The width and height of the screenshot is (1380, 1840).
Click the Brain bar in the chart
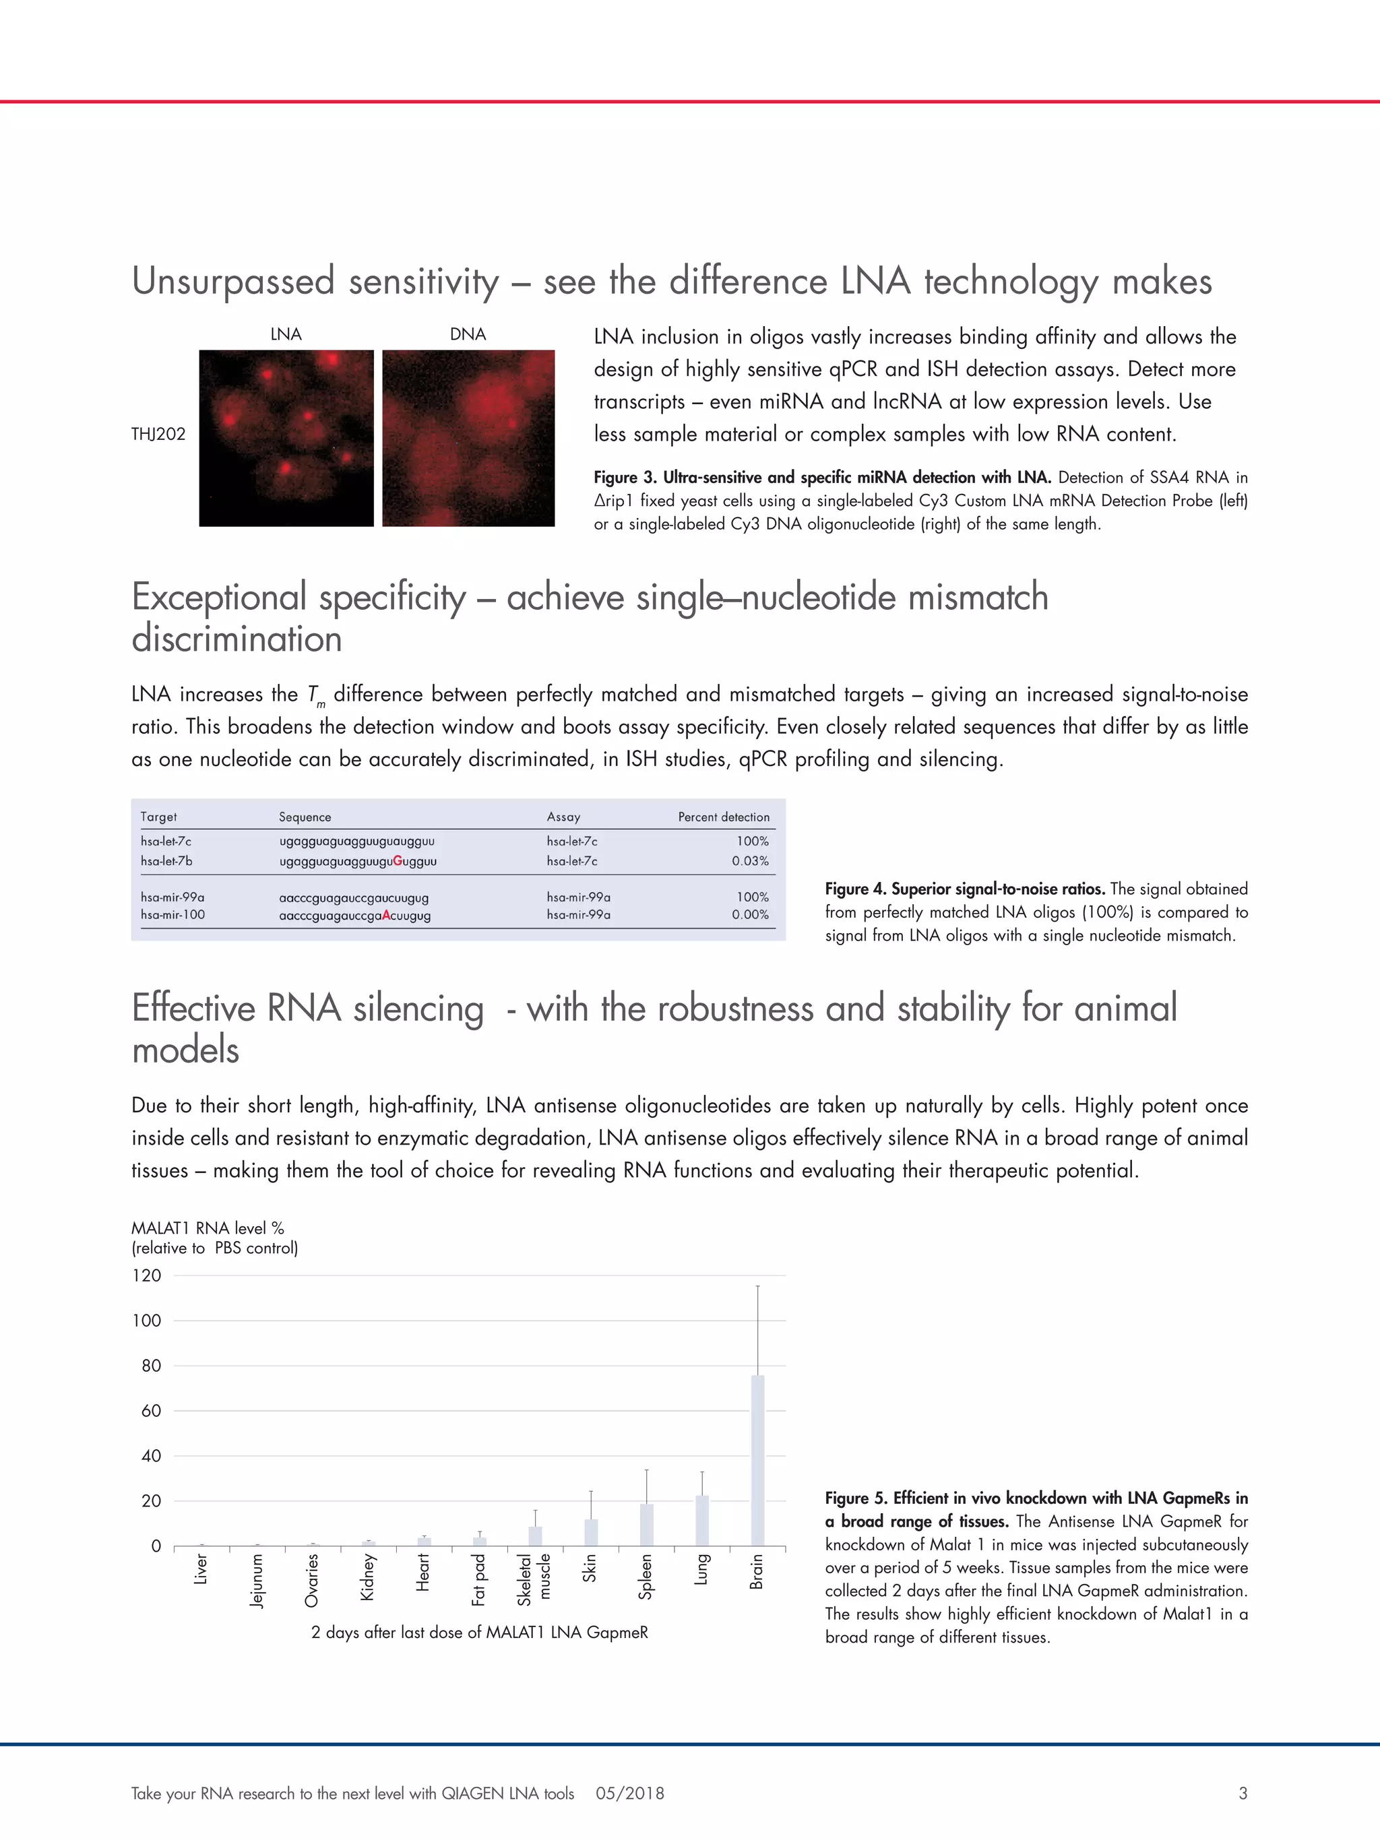[757, 1461]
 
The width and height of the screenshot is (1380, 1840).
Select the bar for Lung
[701, 1521]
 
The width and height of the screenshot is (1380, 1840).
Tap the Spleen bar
[646, 1525]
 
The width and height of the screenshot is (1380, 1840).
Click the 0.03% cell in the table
[749, 861]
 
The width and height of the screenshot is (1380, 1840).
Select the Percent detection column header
[723, 817]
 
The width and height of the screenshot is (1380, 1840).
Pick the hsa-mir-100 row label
[172, 915]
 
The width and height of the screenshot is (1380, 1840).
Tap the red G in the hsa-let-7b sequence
[398, 861]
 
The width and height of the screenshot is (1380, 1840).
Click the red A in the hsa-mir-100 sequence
[386, 916]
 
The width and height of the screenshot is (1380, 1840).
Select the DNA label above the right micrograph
[468, 334]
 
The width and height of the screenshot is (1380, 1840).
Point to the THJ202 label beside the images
[158, 434]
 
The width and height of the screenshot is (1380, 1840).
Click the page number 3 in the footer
[1243, 1794]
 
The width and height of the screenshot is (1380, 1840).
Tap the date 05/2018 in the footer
[630, 1794]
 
